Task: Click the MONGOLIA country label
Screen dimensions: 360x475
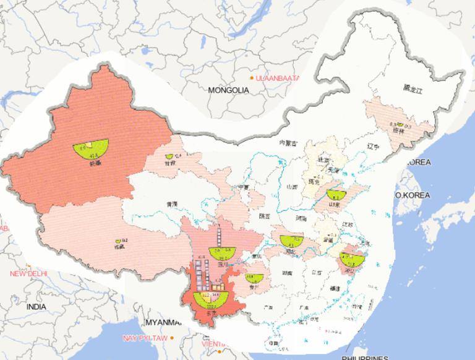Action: tap(228, 90)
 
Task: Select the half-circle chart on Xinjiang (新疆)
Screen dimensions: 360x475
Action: tap(91, 148)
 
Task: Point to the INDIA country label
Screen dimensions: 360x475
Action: tap(36, 307)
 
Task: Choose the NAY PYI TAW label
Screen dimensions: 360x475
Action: tap(144, 338)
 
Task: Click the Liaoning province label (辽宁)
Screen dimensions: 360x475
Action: tap(373, 147)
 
